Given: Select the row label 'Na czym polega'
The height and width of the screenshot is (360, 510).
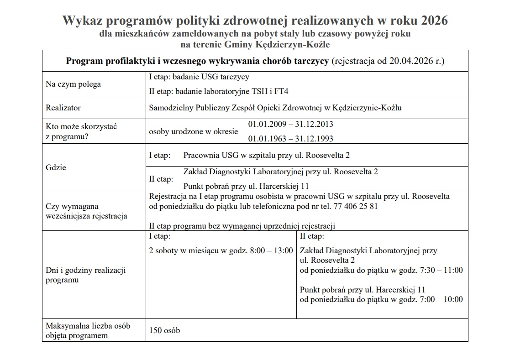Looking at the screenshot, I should [74, 84].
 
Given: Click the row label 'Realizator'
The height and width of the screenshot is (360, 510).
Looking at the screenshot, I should [63, 108].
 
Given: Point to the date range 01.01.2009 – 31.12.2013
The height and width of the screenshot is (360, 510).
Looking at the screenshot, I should [290, 124].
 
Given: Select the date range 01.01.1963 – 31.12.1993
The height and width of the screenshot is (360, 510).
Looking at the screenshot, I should [290, 139].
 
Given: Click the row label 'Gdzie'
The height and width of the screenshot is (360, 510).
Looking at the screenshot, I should [56, 167].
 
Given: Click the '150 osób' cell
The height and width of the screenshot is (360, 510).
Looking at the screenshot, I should [164, 330].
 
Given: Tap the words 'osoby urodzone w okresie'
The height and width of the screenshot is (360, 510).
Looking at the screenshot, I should [194, 132].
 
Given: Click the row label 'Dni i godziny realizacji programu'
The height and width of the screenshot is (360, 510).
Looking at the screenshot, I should [85, 275].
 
